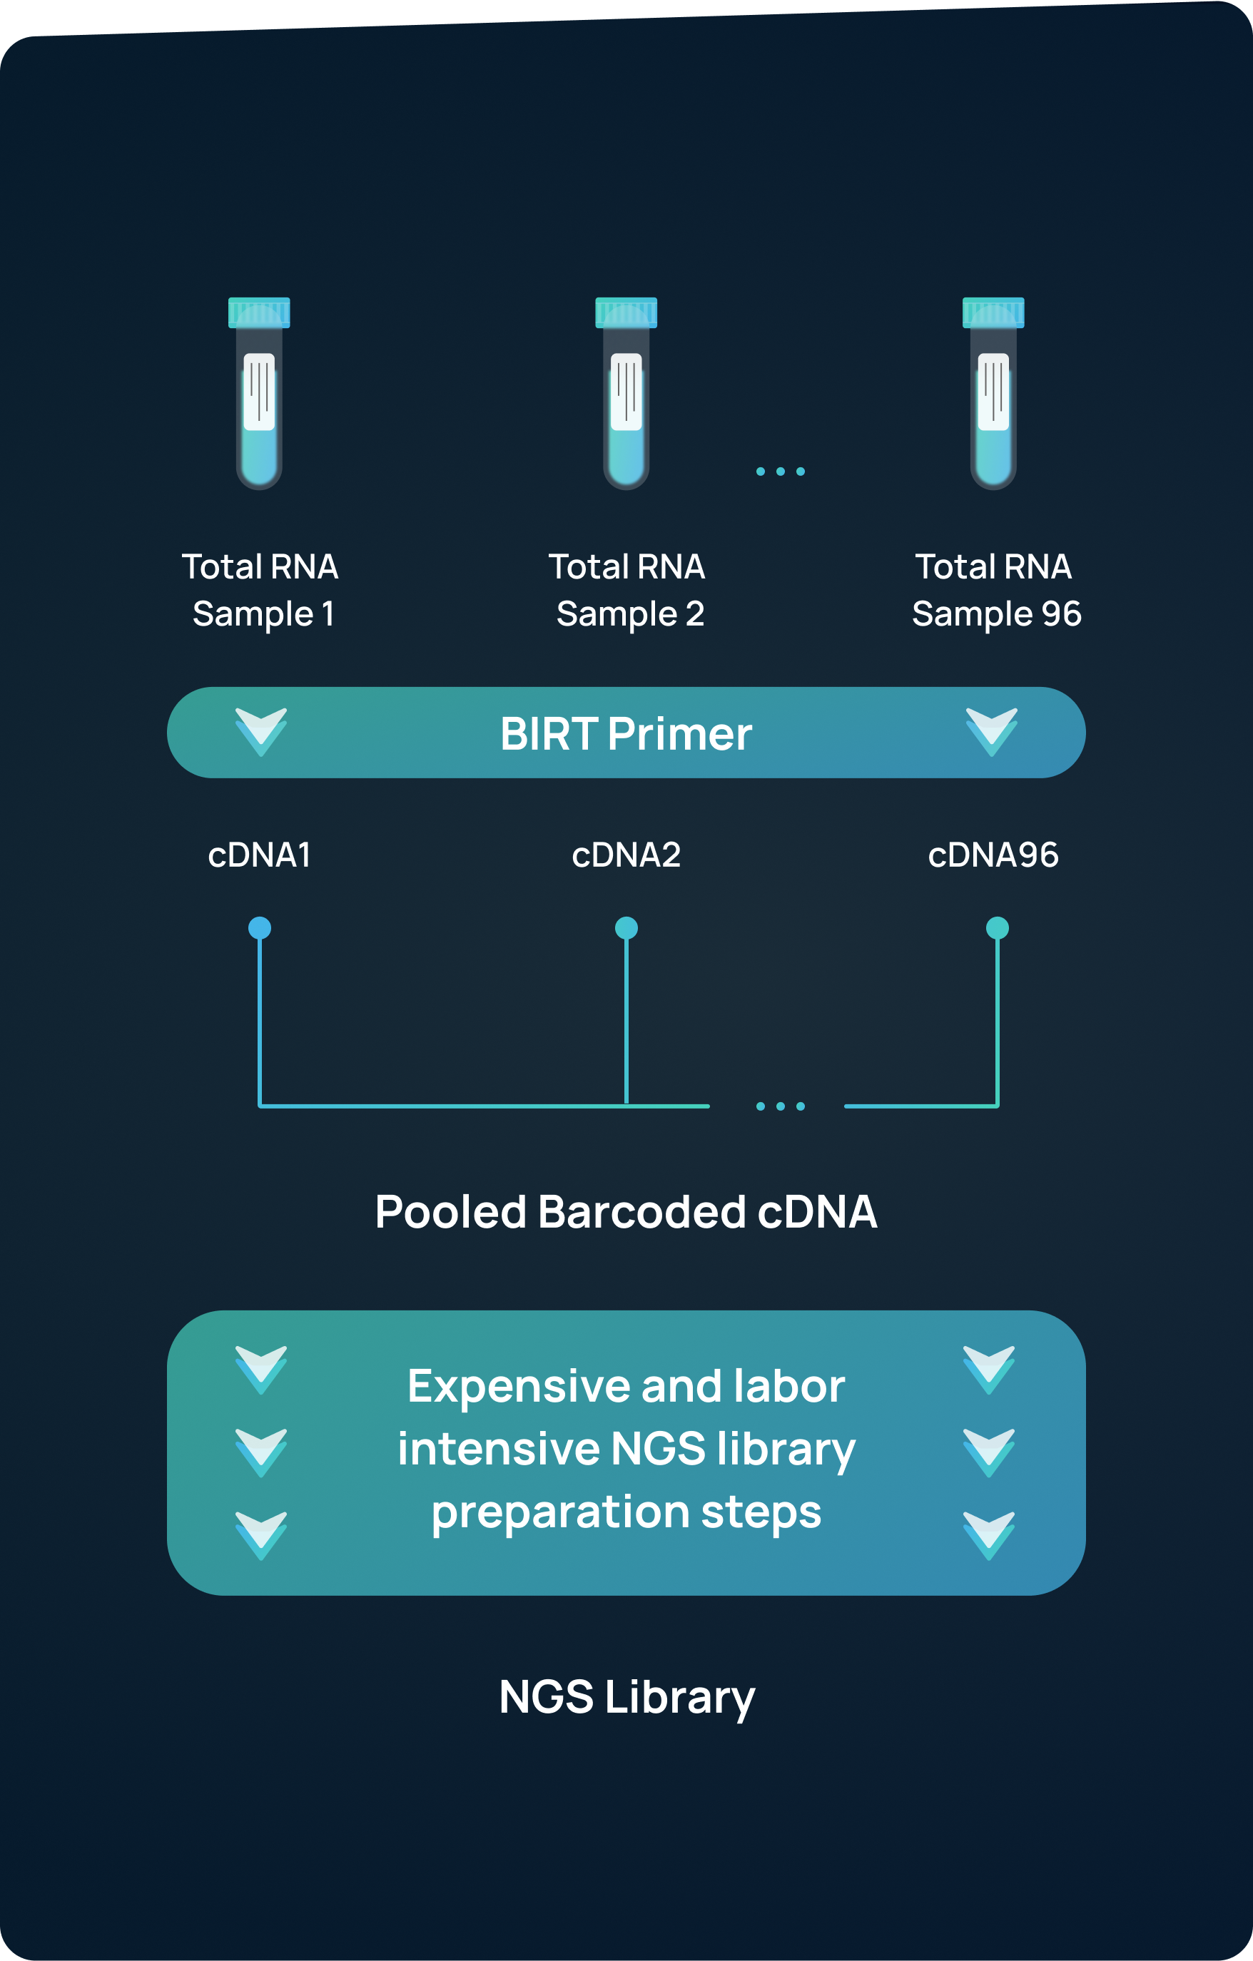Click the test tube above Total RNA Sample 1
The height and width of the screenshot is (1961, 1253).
[x=259, y=395]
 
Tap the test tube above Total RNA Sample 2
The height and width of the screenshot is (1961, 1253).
[x=626, y=395]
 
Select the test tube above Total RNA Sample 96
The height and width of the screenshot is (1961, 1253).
[x=993, y=395]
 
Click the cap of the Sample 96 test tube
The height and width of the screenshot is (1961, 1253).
[x=993, y=312]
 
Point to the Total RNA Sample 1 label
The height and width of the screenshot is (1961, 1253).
[x=260, y=590]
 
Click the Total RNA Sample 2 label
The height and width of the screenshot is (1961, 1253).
[x=626, y=590]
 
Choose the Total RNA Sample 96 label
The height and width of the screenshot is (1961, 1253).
[x=995, y=590]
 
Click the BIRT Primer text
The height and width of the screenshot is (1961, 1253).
[x=626, y=734]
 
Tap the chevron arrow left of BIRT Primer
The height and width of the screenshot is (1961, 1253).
[x=260, y=730]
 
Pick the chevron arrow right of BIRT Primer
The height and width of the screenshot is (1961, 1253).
[x=992, y=730]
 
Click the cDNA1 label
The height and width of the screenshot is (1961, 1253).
[x=259, y=855]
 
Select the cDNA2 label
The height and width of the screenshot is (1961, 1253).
[x=626, y=855]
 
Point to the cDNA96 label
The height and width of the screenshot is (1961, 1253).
[x=993, y=855]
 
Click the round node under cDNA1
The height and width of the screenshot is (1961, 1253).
[x=259, y=927]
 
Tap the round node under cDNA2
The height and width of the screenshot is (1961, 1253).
[x=626, y=927]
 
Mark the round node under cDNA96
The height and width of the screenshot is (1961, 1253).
[x=997, y=927]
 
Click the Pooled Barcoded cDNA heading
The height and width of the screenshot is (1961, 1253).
[x=626, y=1212]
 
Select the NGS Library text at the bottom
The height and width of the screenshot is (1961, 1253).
[x=626, y=1698]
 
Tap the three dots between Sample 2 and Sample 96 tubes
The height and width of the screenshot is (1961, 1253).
[x=780, y=472]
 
